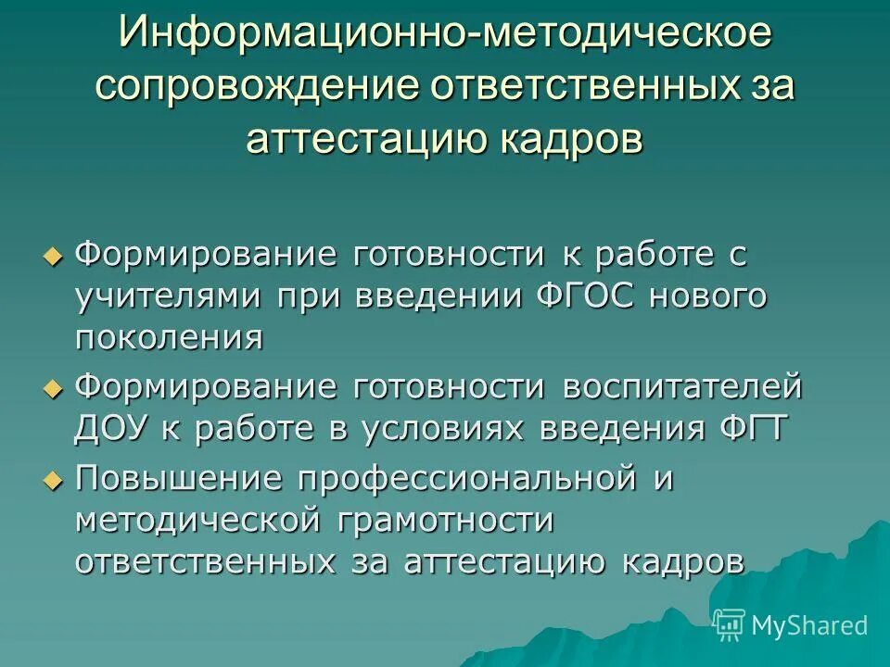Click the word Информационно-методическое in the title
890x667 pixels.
click(x=444, y=34)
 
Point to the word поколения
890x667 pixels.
click(x=169, y=337)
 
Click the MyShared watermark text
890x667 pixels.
click(x=808, y=625)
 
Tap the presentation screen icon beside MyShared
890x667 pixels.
click(x=730, y=624)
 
